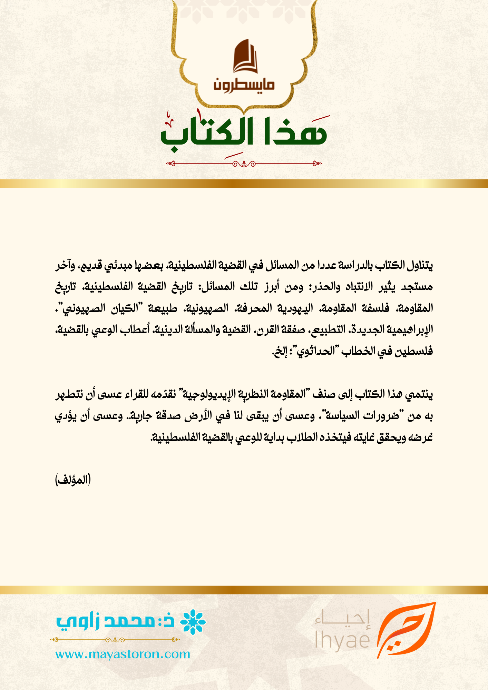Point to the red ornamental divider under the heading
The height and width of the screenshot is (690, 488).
point(244,164)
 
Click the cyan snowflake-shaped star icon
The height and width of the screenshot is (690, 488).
point(193,622)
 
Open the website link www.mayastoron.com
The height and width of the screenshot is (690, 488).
point(123,654)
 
